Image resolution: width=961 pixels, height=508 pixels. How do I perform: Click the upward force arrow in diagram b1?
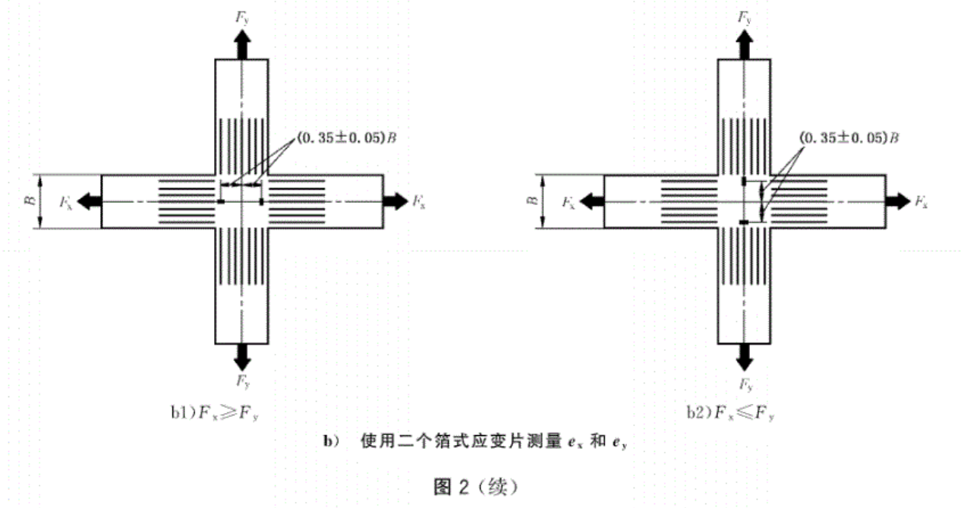pyautogui.click(x=241, y=47)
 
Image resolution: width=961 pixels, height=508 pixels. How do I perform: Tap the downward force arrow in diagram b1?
pyautogui.click(x=241, y=355)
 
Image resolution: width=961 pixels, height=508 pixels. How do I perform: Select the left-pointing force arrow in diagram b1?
pyautogui.click(x=88, y=201)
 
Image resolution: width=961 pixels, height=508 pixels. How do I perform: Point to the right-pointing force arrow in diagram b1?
pyautogui.click(x=395, y=201)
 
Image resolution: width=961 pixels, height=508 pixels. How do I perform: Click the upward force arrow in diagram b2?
pyautogui.click(x=744, y=47)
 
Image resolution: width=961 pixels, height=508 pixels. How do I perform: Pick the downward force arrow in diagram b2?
pyautogui.click(x=744, y=355)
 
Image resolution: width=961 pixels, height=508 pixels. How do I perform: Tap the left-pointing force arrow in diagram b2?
pyautogui.click(x=591, y=201)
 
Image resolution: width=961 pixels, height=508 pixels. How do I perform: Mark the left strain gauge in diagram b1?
pyautogui.click(x=220, y=201)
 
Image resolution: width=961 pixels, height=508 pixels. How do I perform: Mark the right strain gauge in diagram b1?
pyautogui.click(x=262, y=201)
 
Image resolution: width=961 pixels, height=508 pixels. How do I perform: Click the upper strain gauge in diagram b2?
pyautogui.click(x=744, y=181)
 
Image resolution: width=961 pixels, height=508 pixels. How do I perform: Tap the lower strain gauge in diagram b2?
pyautogui.click(x=744, y=222)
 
